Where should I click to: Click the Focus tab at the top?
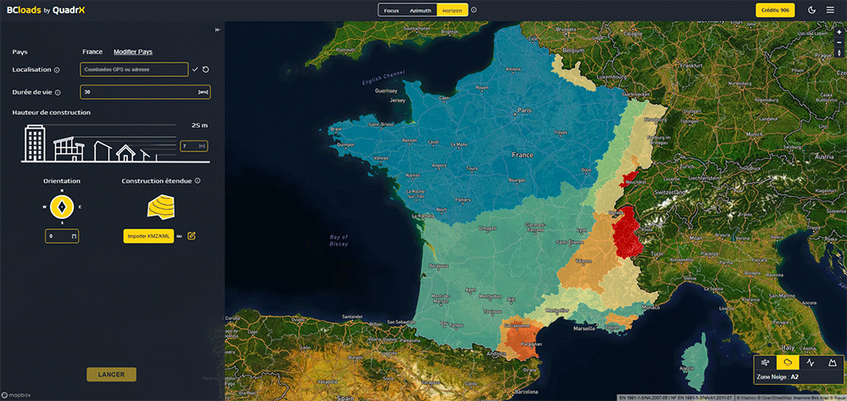pos(391,10)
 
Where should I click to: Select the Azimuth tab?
pos(420,10)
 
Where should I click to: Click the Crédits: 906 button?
pos(773,10)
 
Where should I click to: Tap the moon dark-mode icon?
pos(812,10)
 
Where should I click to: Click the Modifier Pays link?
pos(133,52)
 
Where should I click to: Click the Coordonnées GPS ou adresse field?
pos(134,69)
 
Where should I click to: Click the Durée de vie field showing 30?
pos(145,91)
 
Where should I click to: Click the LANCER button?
pos(111,375)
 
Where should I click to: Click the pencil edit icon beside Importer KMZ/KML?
pos(191,235)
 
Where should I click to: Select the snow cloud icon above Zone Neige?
pos(788,362)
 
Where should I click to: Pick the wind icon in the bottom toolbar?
pos(766,362)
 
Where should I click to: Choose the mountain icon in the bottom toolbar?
pos(832,362)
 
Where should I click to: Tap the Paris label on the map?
pos(524,110)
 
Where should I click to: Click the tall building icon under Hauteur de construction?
pos(35,143)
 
